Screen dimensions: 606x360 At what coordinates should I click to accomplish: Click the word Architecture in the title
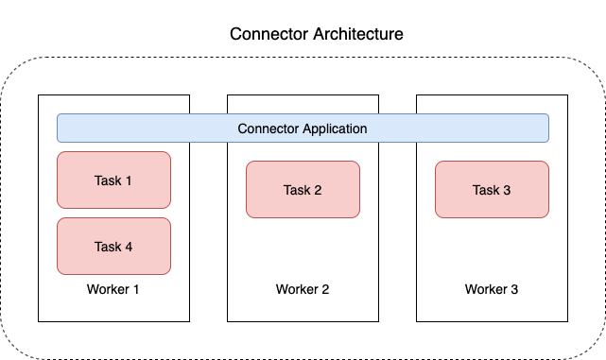358,34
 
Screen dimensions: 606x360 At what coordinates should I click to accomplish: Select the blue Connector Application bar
303,128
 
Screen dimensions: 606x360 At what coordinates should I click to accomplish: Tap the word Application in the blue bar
335,129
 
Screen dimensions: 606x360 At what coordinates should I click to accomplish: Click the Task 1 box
114,180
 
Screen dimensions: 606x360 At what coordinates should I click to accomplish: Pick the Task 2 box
303,189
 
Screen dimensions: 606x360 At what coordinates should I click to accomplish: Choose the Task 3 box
492,189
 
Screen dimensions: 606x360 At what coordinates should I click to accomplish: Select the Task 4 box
114,246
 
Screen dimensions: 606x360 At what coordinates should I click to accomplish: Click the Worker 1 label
113,289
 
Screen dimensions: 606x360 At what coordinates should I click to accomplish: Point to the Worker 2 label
303,289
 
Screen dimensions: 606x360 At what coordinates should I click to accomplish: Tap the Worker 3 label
492,289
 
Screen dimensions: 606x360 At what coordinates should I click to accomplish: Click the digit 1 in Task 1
129,180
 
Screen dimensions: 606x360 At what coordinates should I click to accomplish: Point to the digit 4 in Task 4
129,247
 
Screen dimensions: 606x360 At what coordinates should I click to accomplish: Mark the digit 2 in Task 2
318,190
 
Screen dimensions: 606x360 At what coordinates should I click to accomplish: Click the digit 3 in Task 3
507,190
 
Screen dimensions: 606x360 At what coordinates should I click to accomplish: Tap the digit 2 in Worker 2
325,289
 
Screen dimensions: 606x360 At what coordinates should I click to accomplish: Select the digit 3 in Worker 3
514,289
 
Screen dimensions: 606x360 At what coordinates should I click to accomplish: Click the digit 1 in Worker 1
136,289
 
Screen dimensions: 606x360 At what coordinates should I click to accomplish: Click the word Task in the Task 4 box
108,247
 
